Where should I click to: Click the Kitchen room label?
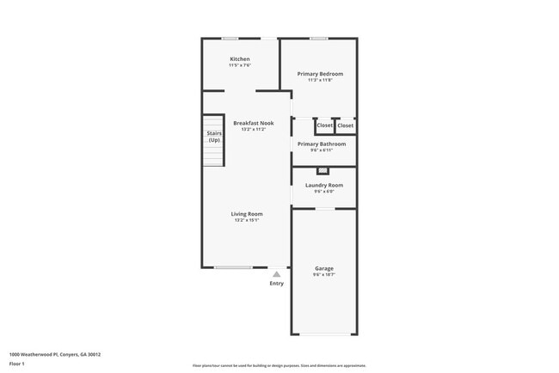click(240, 59)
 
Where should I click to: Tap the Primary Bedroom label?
click(320, 74)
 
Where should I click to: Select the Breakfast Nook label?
click(254, 123)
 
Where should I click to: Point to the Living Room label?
click(247, 214)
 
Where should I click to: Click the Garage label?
click(324, 268)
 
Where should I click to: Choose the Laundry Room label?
click(324, 185)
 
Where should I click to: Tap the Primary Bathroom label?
click(322, 144)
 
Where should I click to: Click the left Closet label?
click(325, 125)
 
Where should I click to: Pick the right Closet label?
click(345, 125)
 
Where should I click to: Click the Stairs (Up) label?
click(214, 137)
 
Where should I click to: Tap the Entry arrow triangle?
click(277, 274)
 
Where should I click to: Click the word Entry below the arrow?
click(277, 284)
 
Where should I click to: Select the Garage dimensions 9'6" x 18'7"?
click(324, 274)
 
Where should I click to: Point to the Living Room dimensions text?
click(247, 220)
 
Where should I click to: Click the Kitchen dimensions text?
click(240, 65)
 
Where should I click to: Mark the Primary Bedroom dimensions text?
click(320, 80)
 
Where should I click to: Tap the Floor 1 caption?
click(17, 364)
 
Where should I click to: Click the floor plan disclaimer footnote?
click(279, 365)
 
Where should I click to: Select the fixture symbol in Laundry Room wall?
click(322, 171)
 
